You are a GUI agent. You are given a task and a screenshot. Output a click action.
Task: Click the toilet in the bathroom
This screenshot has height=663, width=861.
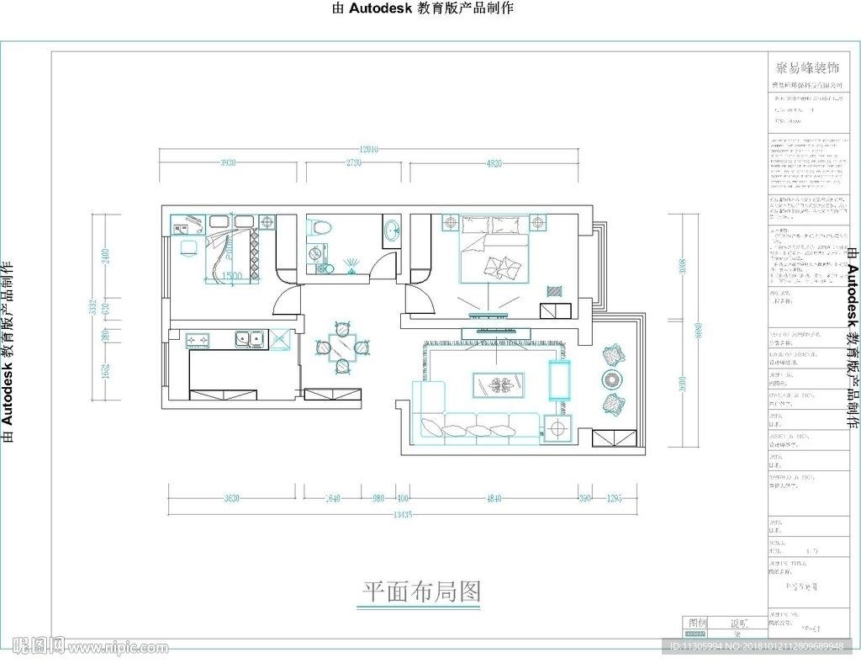[320, 227]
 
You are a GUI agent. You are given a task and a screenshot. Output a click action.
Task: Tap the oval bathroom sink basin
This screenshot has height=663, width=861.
[390, 231]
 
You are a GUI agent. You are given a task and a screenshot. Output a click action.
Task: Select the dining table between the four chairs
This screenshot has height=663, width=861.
[341, 346]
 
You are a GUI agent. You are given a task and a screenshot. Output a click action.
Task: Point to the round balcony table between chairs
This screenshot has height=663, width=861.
[611, 380]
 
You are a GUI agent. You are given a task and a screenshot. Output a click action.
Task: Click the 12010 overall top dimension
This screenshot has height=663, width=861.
[369, 149]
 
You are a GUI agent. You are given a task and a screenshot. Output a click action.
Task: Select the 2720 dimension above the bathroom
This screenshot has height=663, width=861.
[353, 163]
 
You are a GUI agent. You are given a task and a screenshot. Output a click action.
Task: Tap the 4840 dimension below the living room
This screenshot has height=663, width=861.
[494, 499]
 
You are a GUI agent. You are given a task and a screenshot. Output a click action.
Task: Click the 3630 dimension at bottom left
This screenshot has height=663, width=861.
[232, 499]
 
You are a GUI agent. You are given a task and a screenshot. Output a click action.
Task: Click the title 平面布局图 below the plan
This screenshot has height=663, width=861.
[421, 591]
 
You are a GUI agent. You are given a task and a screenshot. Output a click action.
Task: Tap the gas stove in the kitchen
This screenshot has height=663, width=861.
[198, 341]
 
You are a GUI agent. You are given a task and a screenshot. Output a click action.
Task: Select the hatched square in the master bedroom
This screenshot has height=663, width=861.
[554, 291]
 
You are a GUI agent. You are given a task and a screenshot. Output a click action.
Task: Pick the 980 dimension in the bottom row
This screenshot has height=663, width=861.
[378, 499]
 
